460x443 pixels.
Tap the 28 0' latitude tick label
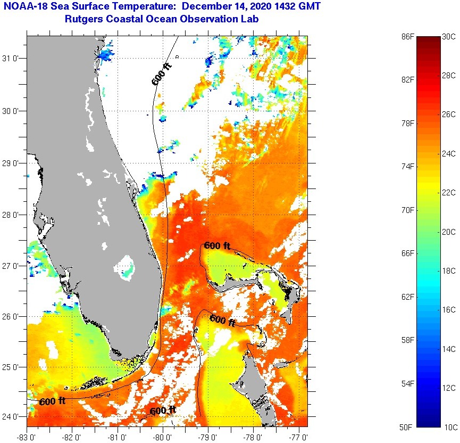[13, 215]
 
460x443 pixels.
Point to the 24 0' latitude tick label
[13, 417]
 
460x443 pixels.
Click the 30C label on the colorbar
[449, 37]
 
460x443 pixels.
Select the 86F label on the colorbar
[408, 37]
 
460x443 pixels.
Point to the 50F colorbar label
[408, 427]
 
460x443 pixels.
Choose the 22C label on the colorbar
[449, 193]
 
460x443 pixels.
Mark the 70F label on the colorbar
[408, 210]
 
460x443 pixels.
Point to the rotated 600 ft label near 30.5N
[162, 74]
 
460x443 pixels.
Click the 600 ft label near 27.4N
[217, 245]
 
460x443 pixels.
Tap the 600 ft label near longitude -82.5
[52, 401]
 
